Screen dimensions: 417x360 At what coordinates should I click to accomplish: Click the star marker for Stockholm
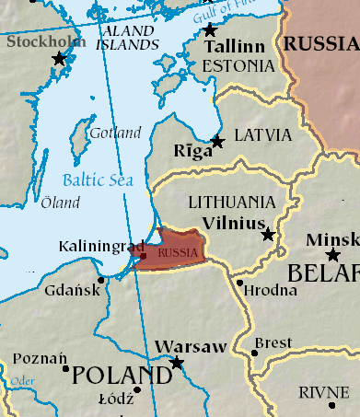coord(60,58)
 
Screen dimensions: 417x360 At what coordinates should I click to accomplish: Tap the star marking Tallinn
coord(210,30)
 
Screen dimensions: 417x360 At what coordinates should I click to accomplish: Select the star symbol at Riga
coord(217,141)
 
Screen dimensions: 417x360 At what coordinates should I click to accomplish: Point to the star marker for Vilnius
coord(268,235)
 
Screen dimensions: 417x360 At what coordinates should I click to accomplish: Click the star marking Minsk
coord(332,254)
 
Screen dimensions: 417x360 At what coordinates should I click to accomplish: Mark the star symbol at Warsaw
coord(177,363)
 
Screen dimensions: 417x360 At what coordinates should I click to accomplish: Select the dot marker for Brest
coord(254,353)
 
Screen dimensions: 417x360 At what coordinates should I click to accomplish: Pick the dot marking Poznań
coord(65,368)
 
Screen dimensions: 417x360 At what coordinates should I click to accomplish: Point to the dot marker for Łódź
coord(137,389)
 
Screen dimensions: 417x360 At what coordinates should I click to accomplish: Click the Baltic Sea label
coord(97,180)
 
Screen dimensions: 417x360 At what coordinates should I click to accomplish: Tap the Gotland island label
coord(114,133)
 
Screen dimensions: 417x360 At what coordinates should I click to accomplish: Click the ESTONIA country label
coord(238,65)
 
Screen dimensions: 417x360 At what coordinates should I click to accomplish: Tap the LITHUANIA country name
coord(230,202)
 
